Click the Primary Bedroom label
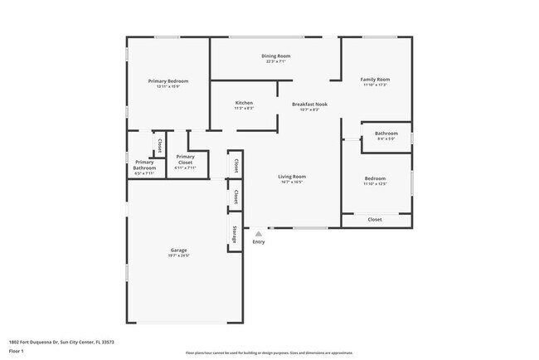(x=168, y=81)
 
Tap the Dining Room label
(x=276, y=56)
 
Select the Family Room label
(x=376, y=80)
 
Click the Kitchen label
(x=243, y=103)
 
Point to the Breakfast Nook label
(x=310, y=104)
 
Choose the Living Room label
(x=292, y=176)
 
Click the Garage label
(x=179, y=250)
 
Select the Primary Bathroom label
(x=144, y=165)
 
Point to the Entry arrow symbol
(x=258, y=234)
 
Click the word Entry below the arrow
(x=259, y=241)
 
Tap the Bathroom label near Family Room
(x=386, y=133)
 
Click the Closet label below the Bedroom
(x=375, y=220)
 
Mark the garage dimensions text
(x=179, y=255)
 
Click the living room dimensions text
(x=292, y=182)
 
